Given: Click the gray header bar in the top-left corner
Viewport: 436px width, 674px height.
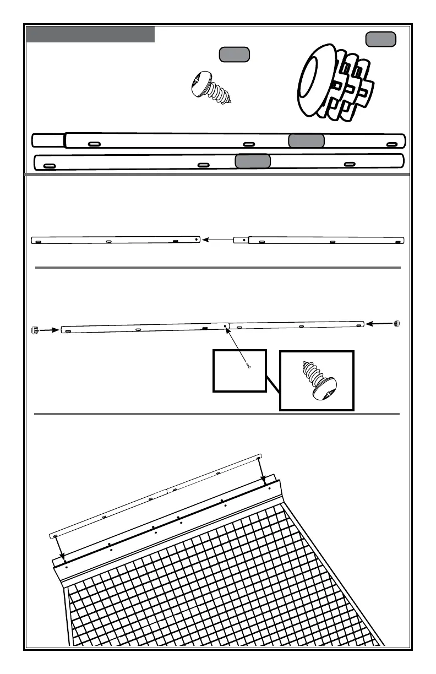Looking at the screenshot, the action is click(90, 34).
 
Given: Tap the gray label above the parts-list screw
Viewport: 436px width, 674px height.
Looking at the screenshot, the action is click(234, 54).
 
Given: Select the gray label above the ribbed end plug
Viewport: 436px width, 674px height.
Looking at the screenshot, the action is click(380, 39).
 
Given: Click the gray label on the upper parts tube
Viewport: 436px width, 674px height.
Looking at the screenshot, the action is click(306, 140).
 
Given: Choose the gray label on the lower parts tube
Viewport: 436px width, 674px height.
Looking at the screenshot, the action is click(253, 161).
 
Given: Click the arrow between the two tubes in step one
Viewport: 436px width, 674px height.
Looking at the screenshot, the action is click(216, 240).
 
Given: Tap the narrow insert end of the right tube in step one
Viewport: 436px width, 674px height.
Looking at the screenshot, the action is click(241, 240).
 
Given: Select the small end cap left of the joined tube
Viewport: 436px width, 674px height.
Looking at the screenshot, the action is click(36, 330).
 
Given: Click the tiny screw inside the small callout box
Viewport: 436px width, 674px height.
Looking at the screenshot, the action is click(248, 366).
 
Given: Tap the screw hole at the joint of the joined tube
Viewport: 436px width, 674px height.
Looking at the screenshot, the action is click(225, 327).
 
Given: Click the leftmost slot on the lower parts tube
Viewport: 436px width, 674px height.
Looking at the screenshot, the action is click(50, 166).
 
